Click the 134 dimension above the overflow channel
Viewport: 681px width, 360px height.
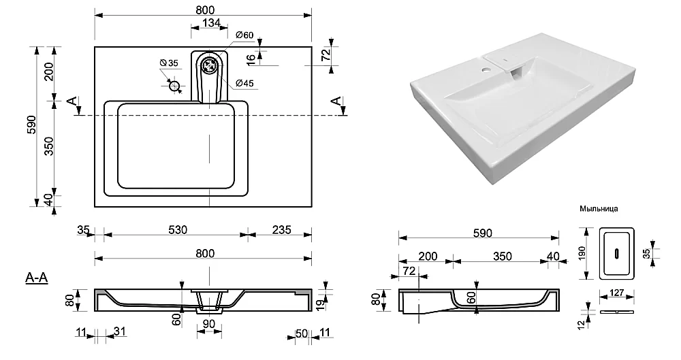click(x=210, y=24)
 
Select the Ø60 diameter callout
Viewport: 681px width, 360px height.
click(x=244, y=35)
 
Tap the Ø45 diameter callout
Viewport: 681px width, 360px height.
click(x=245, y=84)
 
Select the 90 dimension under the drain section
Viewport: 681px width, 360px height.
click(x=209, y=324)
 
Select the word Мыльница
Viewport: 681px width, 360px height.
click(x=599, y=210)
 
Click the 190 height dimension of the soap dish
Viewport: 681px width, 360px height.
click(x=581, y=253)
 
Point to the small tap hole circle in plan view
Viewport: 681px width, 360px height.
click(x=174, y=86)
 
